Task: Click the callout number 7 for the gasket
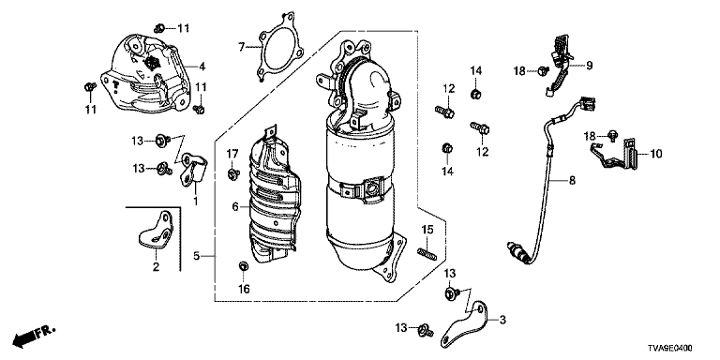[242, 46]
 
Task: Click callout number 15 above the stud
[427, 229]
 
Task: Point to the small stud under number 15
[427, 252]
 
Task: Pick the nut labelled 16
[244, 265]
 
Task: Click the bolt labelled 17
[233, 173]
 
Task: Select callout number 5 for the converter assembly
[196, 256]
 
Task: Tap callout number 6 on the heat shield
[235, 206]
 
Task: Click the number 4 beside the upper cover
[202, 67]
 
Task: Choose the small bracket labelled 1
[194, 169]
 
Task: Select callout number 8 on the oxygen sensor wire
[572, 181]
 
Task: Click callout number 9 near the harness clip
[589, 66]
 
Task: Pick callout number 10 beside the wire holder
[656, 154]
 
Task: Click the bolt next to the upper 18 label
[544, 70]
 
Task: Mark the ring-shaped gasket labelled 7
[276, 49]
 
